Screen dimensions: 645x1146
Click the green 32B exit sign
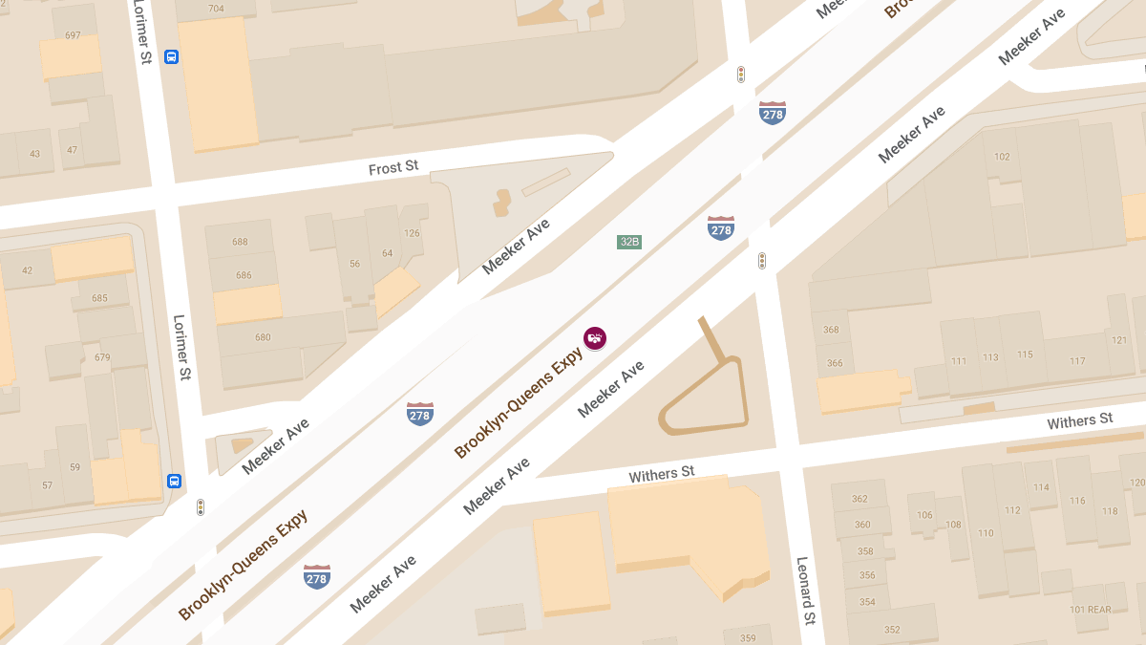[x=628, y=242]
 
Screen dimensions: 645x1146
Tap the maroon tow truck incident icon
[x=595, y=337]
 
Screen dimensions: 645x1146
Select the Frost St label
[x=393, y=168]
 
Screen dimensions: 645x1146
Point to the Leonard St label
[x=806, y=591]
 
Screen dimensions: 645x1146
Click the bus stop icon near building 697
[x=171, y=56]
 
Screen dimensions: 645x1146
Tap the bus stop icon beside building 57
[x=174, y=481]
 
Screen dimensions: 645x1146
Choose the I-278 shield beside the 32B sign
[x=721, y=227]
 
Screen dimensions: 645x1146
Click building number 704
[x=216, y=9]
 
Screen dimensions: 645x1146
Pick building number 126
[x=413, y=233]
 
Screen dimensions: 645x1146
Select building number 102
[x=1002, y=158]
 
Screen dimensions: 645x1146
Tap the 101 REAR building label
[x=1090, y=610]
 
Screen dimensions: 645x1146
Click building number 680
[x=263, y=337]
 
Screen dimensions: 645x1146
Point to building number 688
[x=240, y=242]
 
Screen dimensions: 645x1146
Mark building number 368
[x=831, y=330]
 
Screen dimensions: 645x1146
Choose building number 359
[x=748, y=638]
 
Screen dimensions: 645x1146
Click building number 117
[x=1077, y=361]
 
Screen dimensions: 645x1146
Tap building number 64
[x=387, y=253]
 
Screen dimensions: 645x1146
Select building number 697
[x=73, y=35]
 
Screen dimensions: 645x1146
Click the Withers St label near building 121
[x=1079, y=421]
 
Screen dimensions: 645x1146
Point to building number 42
[x=27, y=270]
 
